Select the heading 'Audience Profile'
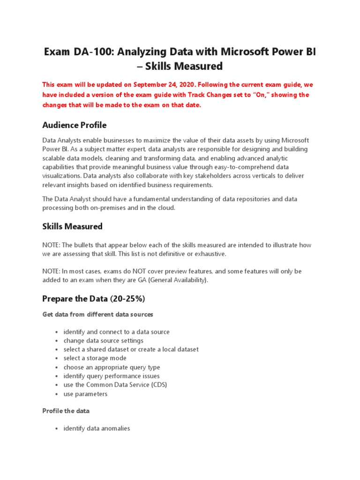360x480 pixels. [75, 125]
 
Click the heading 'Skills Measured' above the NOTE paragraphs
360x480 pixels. [72, 226]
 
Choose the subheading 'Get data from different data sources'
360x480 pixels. [97, 314]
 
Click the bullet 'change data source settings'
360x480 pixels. [104, 341]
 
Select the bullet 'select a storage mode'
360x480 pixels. [95, 358]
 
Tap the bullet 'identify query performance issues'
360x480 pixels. [112, 376]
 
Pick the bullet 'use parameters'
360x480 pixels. [85, 394]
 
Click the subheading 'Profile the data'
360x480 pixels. [66, 411]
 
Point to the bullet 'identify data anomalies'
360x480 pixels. [97, 428]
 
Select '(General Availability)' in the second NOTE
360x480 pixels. [174, 280]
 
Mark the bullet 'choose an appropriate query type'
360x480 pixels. [112, 367]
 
